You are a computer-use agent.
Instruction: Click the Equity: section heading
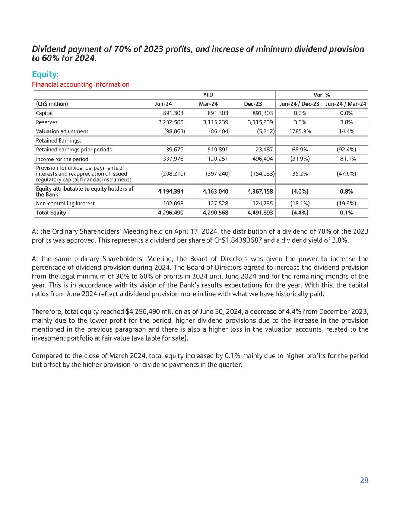pyautogui.click(x=45, y=74)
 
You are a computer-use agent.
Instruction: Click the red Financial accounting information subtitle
pyautogui.click(x=80, y=84)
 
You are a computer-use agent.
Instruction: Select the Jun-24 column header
pyautogui.click(x=163, y=104)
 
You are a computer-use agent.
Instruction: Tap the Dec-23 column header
pyautogui.click(x=253, y=104)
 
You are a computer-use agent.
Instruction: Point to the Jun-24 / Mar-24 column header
pyautogui.click(x=346, y=104)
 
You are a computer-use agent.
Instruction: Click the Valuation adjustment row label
pyautogui.click(x=62, y=131)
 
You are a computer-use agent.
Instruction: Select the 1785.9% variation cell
pyautogui.click(x=300, y=131)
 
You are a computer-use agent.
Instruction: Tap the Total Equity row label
pyautogui.click(x=51, y=213)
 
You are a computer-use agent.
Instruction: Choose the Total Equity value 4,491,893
pyautogui.click(x=260, y=213)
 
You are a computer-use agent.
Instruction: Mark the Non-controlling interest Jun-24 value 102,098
pyautogui.click(x=173, y=204)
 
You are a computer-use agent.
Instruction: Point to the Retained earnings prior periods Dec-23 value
pyautogui.click(x=263, y=150)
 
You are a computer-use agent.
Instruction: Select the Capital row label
pyautogui.click(x=44, y=113)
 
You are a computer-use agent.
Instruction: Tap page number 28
pyautogui.click(x=364, y=480)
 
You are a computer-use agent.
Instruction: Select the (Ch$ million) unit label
pyautogui.click(x=52, y=104)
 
